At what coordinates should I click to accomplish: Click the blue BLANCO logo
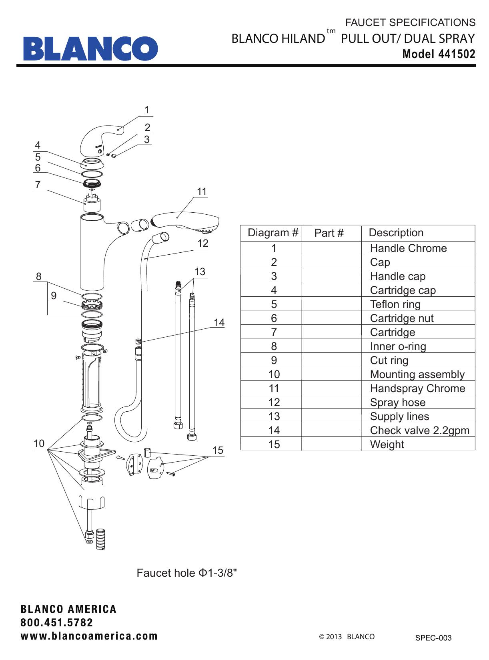coord(90,48)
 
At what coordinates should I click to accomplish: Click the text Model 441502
coord(439,54)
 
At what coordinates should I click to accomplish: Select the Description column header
coord(396,233)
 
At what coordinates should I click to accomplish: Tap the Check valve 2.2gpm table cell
coord(419,431)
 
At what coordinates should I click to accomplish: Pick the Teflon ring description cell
coord(395,304)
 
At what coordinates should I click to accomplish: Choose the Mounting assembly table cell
coord(417,374)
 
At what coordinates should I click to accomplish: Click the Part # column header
coord(329,233)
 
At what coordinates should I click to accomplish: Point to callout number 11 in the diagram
coord(202,192)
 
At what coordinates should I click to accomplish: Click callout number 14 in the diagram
coord(219,322)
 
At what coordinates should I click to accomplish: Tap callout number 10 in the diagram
coord(39,444)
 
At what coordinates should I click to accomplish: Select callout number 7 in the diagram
coord(38,185)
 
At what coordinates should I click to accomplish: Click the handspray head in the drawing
coord(186,222)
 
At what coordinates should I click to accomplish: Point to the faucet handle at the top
coord(100,140)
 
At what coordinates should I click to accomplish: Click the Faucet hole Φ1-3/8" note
coord(187,573)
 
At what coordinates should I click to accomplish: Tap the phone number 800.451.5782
coord(57,623)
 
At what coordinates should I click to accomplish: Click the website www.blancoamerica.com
coord(89,636)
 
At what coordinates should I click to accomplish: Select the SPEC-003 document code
coord(433,638)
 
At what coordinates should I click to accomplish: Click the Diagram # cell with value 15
coord(274,445)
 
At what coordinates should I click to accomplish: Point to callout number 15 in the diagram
coord(217,451)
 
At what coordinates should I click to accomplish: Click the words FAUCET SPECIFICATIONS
coord(410,22)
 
